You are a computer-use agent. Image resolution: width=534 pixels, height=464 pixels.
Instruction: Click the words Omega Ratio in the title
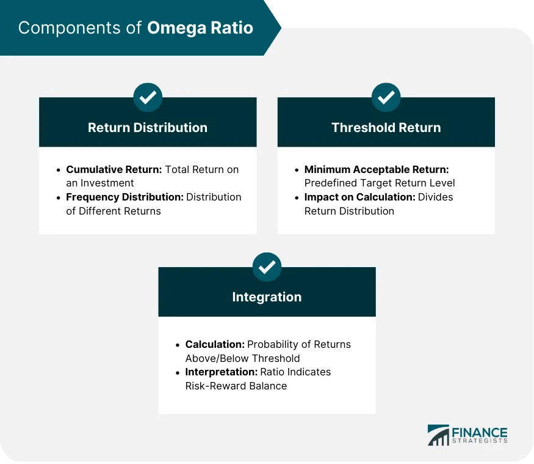coord(200,28)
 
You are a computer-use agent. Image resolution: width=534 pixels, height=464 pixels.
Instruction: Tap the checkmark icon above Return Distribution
coord(148,97)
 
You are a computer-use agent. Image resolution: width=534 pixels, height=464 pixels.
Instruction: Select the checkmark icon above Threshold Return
coord(386,97)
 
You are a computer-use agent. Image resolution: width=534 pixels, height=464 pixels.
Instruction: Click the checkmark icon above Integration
coord(267,267)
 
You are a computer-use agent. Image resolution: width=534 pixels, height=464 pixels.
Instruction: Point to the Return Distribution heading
coord(148,128)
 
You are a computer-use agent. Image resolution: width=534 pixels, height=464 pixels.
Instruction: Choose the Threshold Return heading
coord(386,128)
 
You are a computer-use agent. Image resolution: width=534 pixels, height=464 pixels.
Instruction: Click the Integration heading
coord(267,297)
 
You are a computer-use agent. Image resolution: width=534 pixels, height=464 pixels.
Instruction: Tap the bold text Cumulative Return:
coord(114,169)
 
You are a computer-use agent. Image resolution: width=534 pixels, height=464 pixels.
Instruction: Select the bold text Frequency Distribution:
coord(124,197)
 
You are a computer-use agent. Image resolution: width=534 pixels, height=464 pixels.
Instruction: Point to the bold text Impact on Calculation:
coord(359,197)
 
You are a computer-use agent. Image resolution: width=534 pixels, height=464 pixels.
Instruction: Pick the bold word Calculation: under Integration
coord(215,344)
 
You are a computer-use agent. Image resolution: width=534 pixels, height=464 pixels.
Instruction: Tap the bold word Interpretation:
coord(220,372)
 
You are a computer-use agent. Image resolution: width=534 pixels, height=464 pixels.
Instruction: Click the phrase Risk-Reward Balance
coord(236,386)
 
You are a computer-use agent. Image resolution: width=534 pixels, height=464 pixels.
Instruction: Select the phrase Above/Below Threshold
coord(242,358)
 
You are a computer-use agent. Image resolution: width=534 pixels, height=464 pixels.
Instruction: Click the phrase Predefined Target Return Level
coord(380,183)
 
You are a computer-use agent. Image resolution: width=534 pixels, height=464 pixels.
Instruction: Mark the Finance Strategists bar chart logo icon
coord(438,435)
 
